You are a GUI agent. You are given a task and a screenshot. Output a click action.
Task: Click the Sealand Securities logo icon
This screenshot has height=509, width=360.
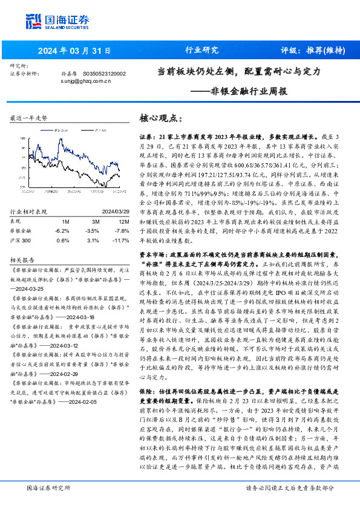(x=33, y=21)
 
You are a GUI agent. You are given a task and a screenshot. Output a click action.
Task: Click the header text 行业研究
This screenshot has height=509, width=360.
(x=201, y=50)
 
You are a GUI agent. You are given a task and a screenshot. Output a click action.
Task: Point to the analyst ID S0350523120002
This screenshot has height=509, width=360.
(x=103, y=73)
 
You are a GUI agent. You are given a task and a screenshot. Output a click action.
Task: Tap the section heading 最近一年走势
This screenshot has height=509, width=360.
(x=28, y=118)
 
